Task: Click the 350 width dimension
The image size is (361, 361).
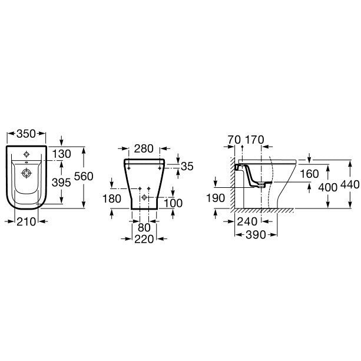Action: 27,134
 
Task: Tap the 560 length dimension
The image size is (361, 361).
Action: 84,176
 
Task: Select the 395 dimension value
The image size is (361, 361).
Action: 61,183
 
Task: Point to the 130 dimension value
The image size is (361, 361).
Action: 61,154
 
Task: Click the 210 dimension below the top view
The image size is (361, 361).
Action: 27,221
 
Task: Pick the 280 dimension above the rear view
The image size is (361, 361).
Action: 144,149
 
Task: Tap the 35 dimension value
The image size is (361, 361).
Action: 187,167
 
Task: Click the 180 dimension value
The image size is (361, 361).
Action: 112,199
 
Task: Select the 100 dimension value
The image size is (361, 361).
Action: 173,203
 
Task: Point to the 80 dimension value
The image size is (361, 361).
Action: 144,228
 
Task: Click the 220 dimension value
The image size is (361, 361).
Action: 144,239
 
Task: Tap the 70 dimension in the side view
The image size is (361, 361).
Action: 234,140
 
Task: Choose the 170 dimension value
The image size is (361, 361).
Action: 254,140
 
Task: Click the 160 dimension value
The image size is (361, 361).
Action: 309,174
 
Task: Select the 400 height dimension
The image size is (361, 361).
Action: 328,188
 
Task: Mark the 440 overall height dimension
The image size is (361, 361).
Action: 350,185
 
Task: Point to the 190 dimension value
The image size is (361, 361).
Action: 216,198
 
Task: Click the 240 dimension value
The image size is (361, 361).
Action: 247,221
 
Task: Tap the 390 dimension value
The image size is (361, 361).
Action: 256,235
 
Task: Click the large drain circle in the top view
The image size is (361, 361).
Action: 27,173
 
